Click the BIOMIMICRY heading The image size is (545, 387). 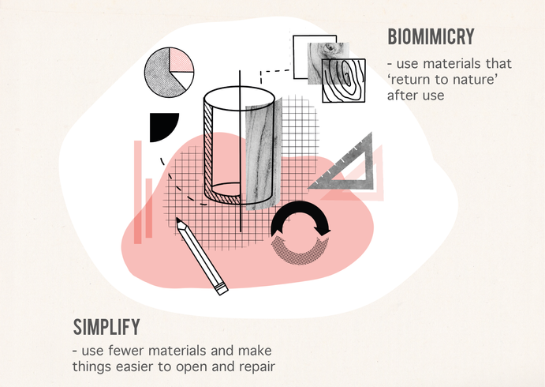(x=431, y=36)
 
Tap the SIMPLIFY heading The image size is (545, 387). (x=106, y=327)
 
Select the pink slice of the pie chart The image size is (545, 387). (x=181, y=60)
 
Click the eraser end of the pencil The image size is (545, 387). (x=222, y=289)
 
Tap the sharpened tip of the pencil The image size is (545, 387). (x=177, y=220)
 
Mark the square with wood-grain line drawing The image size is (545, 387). (x=344, y=81)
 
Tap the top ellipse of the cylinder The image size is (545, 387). (x=240, y=99)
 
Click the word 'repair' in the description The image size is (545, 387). (x=257, y=366)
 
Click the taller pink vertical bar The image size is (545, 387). (x=138, y=192)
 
